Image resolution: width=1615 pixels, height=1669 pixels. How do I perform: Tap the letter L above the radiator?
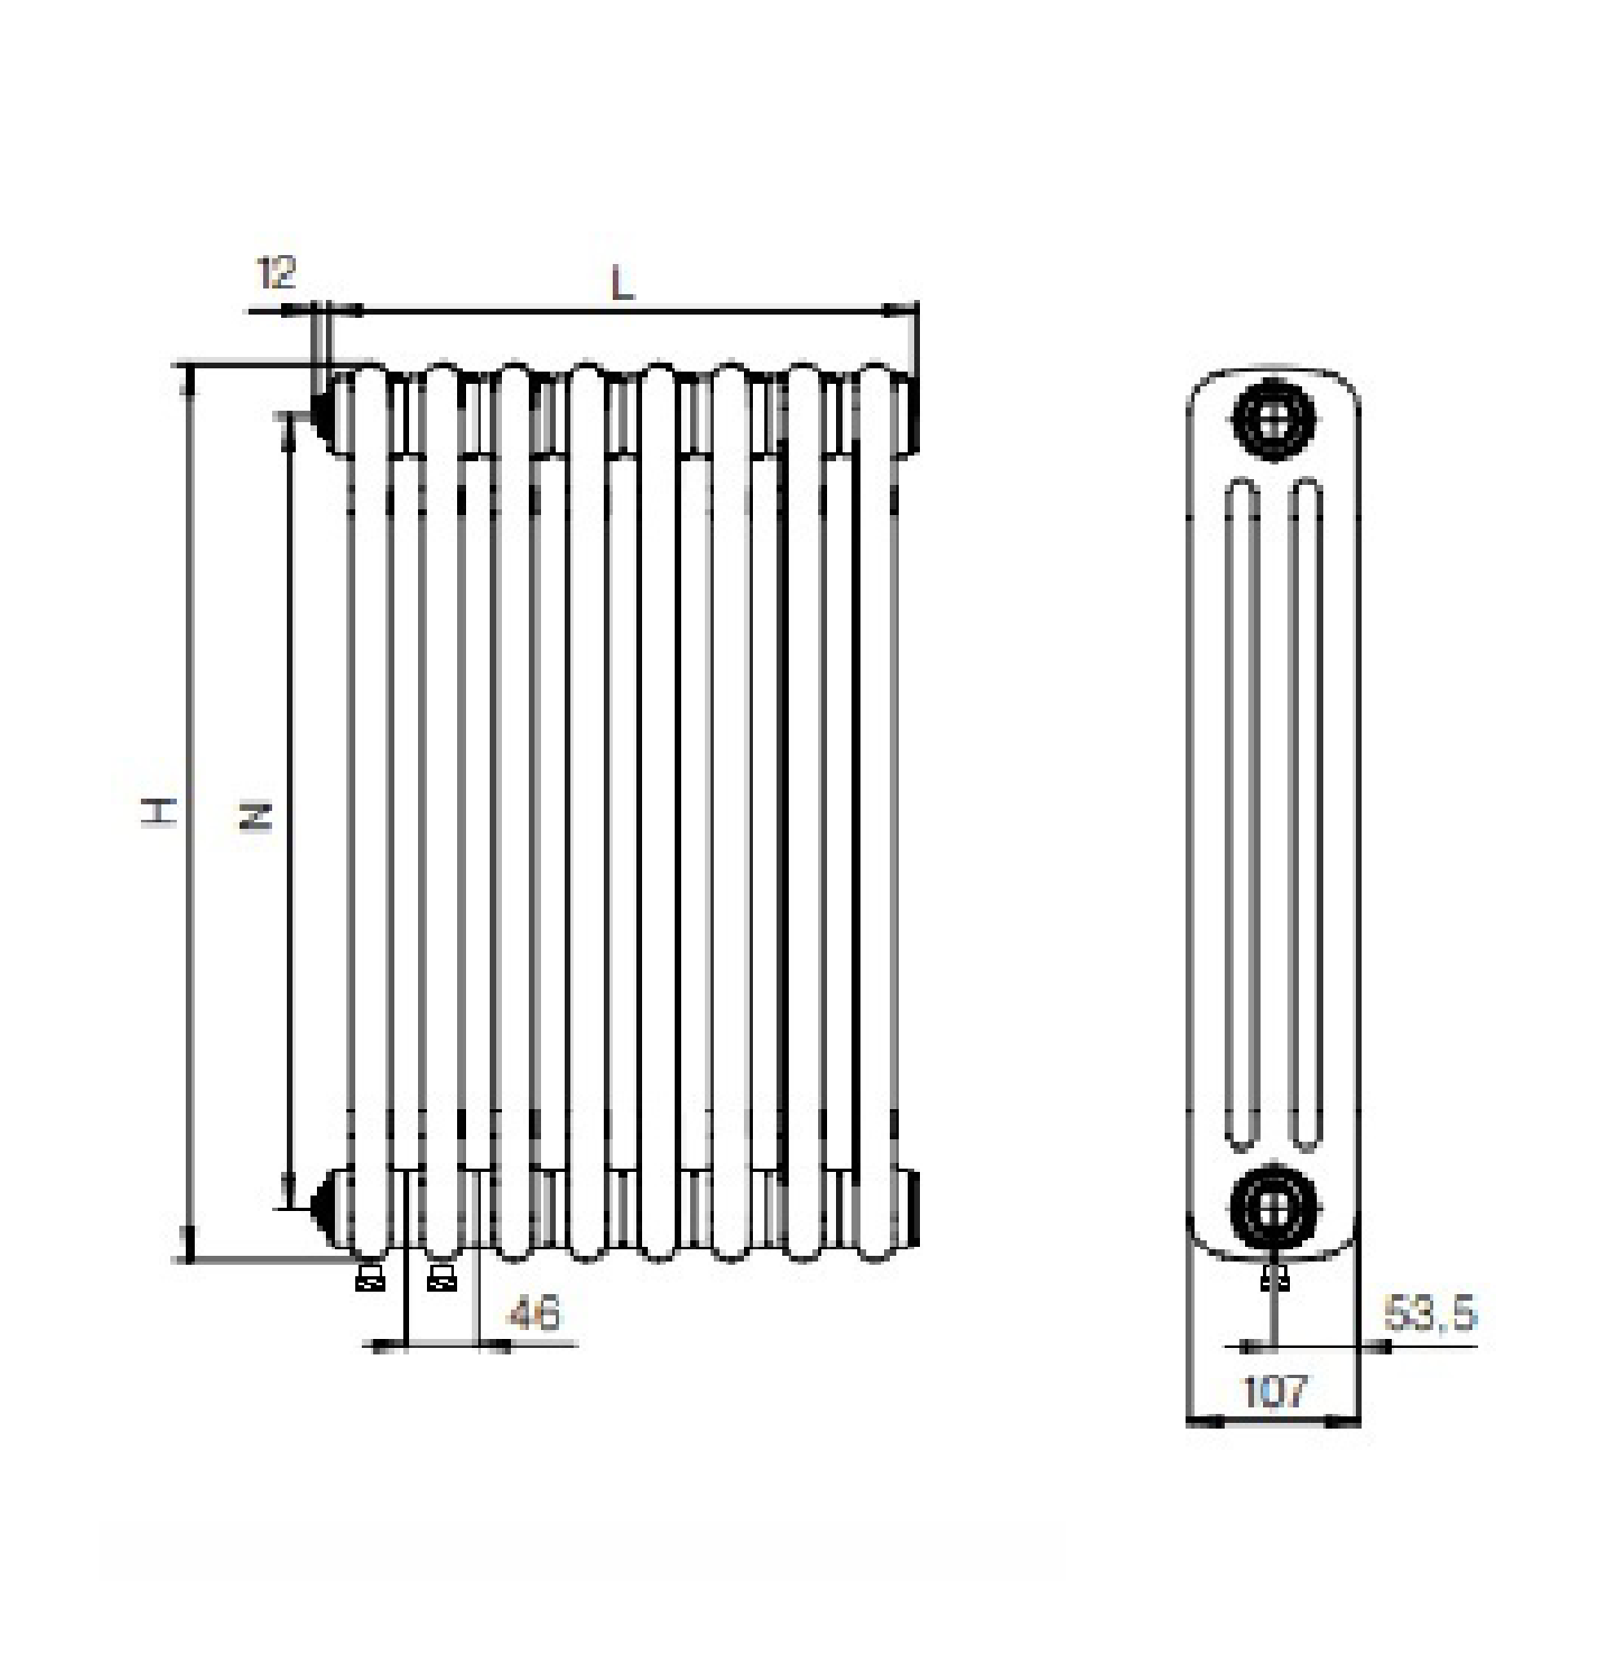pyautogui.click(x=623, y=284)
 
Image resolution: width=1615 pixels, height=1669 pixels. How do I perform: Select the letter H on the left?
pyautogui.click(x=158, y=812)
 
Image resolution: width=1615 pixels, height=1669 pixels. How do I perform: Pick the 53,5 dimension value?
pyautogui.click(x=1429, y=1313)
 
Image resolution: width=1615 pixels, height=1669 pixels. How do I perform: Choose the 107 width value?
pyautogui.click(x=1274, y=1391)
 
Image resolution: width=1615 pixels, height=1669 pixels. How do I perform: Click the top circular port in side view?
pyautogui.click(x=1274, y=419)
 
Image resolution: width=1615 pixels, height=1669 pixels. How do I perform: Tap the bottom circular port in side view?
pyautogui.click(x=1274, y=1208)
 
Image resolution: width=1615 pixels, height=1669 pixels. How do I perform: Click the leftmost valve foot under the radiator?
pyautogui.click(x=370, y=1278)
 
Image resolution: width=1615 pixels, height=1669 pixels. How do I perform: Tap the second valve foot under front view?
pyautogui.click(x=442, y=1278)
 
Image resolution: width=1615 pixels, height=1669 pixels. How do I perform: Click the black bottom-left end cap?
pyautogui.click(x=323, y=1203)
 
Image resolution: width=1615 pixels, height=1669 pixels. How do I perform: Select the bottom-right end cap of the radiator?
pyautogui.click(x=913, y=1208)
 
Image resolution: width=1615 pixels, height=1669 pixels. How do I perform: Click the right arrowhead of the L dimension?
pyautogui.click(x=899, y=311)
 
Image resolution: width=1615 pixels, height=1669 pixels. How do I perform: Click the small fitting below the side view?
pyautogui.click(x=1274, y=1276)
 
